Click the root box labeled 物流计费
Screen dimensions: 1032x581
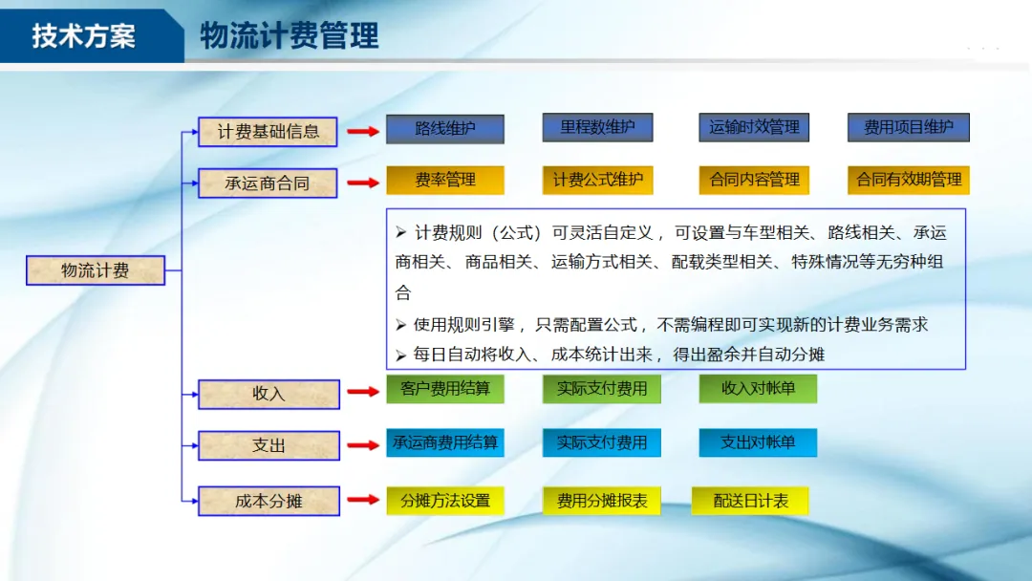pos(95,270)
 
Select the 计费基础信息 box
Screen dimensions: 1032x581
pos(268,132)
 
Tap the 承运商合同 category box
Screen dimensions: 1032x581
pos(268,183)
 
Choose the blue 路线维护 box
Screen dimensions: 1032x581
pos(444,128)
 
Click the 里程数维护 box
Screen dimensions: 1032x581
pos(597,127)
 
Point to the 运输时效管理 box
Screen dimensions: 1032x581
pos(754,127)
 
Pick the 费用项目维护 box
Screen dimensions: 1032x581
pos(908,127)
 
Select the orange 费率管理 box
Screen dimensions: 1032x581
pos(444,180)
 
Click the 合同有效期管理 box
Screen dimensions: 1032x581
pos(908,180)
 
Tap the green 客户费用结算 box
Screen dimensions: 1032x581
pos(444,389)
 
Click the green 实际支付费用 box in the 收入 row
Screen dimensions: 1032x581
pos(601,389)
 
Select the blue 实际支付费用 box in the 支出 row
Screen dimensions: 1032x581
pos(601,442)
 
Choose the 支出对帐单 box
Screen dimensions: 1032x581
pos(757,442)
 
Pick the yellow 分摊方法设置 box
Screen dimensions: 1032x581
pos(444,501)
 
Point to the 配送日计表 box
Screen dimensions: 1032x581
pos(750,501)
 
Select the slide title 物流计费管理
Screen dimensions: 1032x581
pos(290,36)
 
